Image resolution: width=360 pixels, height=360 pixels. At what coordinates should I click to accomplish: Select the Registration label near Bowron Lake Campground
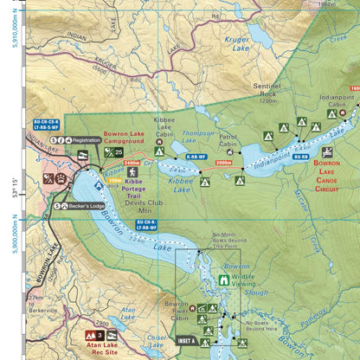87,139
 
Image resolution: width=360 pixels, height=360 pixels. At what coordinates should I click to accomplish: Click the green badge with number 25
112,152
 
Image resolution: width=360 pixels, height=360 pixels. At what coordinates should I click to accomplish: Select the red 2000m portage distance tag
223,162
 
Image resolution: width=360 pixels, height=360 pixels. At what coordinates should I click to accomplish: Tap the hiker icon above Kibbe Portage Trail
132,173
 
